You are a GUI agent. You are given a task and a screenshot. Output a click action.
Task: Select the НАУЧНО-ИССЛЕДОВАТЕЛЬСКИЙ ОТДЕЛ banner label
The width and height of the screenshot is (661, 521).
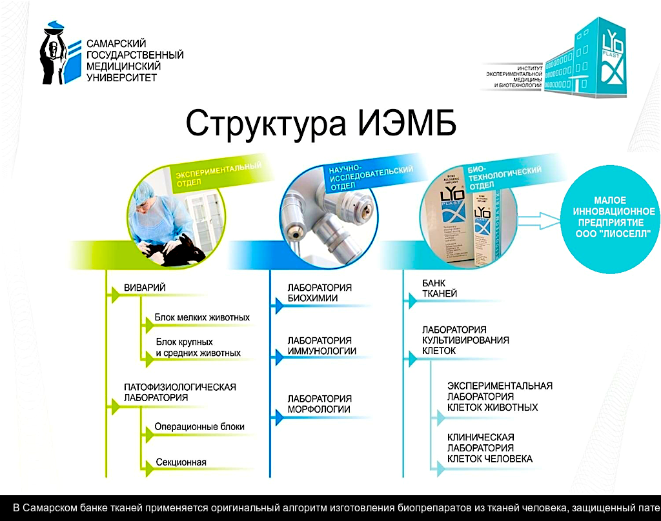pyautogui.click(x=371, y=176)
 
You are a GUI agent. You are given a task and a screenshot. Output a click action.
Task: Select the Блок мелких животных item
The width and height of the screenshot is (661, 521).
pyautogui.click(x=202, y=318)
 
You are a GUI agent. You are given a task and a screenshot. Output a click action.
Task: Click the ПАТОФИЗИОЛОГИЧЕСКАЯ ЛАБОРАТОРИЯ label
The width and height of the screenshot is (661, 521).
pyautogui.click(x=179, y=392)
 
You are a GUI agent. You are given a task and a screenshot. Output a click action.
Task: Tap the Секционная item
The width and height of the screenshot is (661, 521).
pyautogui.click(x=181, y=462)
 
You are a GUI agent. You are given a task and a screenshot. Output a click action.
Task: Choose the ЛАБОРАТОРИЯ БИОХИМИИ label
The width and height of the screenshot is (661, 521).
pyautogui.click(x=320, y=293)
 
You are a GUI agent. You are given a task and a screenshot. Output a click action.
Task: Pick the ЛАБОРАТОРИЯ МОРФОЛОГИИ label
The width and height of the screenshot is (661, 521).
pyautogui.click(x=320, y=404)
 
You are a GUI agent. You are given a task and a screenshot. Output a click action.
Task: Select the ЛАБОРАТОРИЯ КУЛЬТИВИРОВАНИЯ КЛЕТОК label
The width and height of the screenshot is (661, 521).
pyautogui.click(x=465, y=340)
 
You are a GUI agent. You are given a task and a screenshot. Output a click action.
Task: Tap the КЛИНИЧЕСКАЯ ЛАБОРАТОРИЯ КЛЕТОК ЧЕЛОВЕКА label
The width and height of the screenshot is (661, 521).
pyautogui.click(x=490, y=448)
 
